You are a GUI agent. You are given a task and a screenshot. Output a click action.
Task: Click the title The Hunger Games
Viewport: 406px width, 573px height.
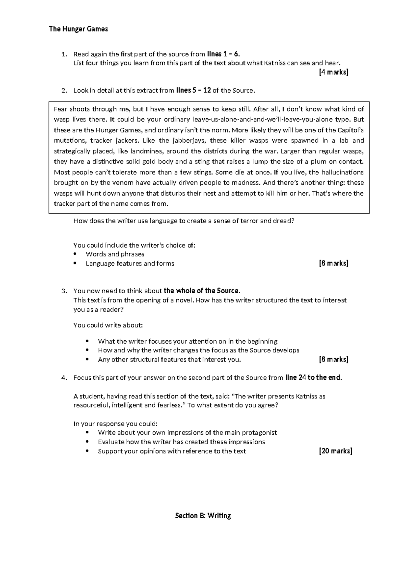78,29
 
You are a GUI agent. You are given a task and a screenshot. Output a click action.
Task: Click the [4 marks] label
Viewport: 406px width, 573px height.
334,72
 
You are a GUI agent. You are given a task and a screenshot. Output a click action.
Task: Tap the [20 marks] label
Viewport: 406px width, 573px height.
336,451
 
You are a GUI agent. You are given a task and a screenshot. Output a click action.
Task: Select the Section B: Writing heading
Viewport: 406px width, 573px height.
203,516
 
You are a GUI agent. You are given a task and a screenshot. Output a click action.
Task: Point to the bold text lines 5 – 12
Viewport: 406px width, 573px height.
194,90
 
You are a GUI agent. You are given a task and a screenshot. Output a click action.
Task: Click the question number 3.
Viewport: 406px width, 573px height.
64,291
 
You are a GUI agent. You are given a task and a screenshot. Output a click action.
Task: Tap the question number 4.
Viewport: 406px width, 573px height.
64,378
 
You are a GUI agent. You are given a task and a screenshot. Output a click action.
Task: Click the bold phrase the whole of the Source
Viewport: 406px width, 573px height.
202,291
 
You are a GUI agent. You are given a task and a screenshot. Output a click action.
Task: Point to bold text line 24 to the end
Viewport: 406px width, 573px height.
314,378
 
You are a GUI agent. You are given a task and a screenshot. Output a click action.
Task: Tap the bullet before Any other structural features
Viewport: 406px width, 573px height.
88,360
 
